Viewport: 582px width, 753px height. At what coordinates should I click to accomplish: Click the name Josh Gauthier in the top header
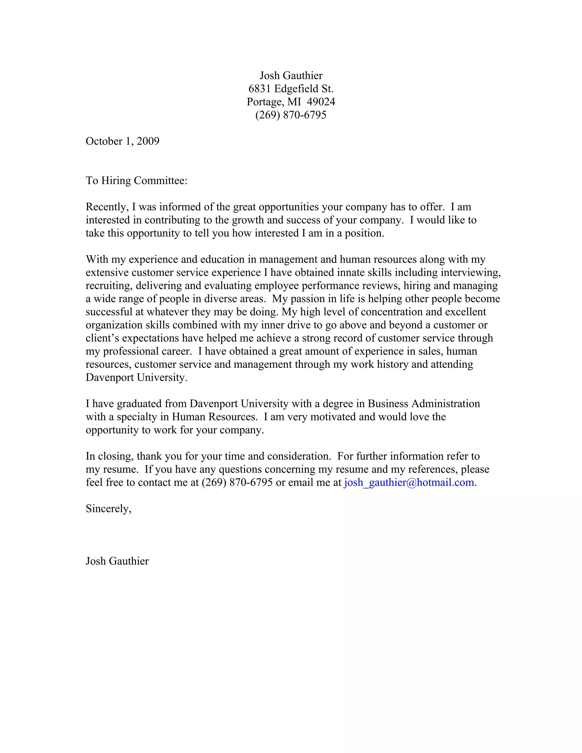[291, 76]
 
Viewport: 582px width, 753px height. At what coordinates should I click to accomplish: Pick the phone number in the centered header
[291, 115]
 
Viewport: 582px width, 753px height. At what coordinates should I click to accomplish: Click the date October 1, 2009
[122, 141]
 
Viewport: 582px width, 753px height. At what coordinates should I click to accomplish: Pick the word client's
[102, 338]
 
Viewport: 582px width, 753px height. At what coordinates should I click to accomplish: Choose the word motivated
[333, 417]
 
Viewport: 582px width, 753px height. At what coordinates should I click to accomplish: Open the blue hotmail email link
[409, 482]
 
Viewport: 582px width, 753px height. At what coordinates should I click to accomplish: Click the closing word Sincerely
[108, 509]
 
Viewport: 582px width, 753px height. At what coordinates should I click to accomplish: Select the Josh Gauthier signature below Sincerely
[117, 561]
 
